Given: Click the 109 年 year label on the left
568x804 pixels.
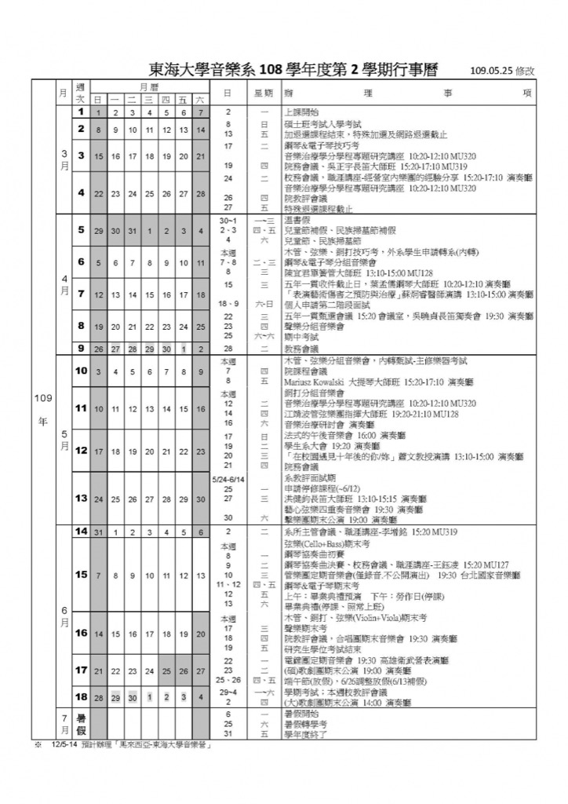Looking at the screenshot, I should pyautogui.click(x=42, y=409).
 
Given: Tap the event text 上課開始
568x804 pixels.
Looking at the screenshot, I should pyautogui.click(x=298, y=113).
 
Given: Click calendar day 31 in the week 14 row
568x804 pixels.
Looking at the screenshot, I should pyautogui.click(x=98, y=532).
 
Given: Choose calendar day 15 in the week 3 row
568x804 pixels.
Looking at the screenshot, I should pyautogui.click(x=98, y=156).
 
